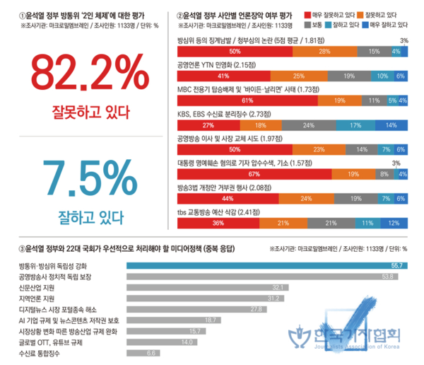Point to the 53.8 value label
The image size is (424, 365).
click(387, 276)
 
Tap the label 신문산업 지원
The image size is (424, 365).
click(37, 286)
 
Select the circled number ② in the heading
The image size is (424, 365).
click(179, 14)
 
